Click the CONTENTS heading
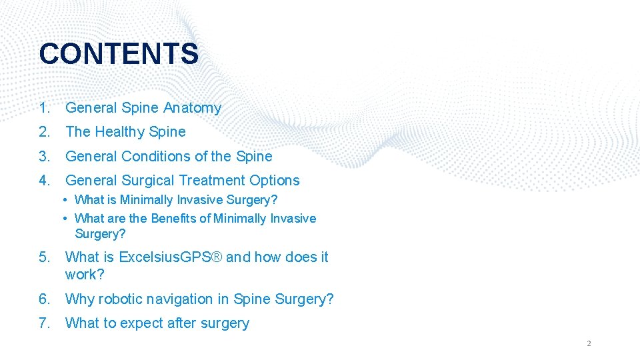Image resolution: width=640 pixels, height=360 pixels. point(119,54)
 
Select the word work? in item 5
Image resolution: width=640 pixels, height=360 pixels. point(85,275)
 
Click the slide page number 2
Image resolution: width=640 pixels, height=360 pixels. point(589,344)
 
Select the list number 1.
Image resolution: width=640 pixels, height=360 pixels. point(44,108)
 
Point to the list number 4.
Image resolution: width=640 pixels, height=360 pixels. point(44,181)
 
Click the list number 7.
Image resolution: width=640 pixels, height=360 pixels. point(44,323)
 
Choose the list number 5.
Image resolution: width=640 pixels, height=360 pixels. point(44,257)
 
